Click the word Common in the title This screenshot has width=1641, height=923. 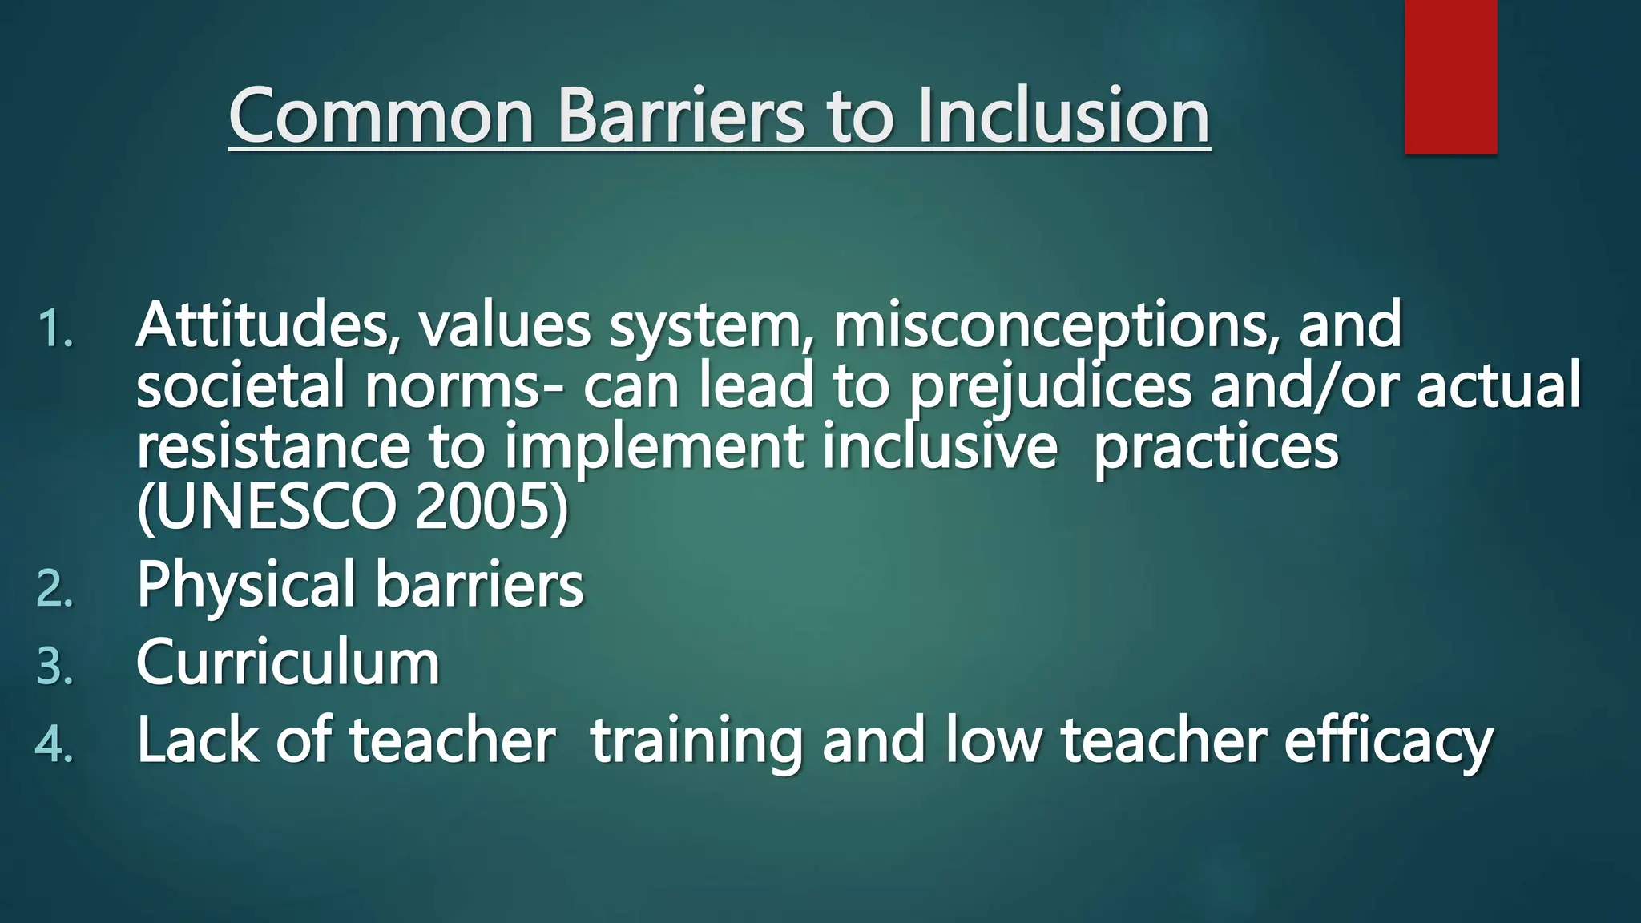pyautogui.click(x=381, y=117)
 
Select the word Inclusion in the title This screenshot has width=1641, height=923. pyautogui.click(x=1062, y=117)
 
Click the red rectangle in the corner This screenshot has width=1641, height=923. pyautogui.click(x=1450, y=76)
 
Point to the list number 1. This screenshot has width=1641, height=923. pyautogui.click(x=54, y=329)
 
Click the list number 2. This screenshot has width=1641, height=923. pyautogui.click(x=54, y=590)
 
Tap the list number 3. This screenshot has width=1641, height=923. pyautogui.click(x=54, y=667)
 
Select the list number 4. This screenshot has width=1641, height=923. pyautogui.click(x=54, y=744)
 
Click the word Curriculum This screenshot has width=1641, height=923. pyautogui.click(x=288, y=663)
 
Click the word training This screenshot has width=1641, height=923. pyautogui.click(x=696, y=742)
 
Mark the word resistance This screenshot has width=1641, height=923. pyautogui.click(x=272, y=447)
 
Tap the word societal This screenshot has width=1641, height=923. pyautogui.click(x=241, y=385)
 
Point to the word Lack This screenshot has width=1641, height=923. pyautogui.click(x=197, y=740)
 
